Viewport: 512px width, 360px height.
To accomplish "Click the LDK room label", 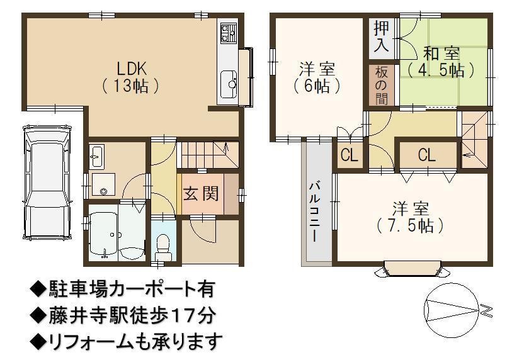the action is (x=130, y=77).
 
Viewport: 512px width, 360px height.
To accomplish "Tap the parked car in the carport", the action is (x=47, y=183).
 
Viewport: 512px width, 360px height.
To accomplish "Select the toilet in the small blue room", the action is (x=162, y=247).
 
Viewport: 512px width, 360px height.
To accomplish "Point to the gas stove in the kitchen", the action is (x=228, y=33).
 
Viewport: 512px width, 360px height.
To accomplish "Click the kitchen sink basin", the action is (x=229, y=84).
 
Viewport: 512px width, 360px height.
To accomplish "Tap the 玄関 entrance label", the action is (x=201, y=194).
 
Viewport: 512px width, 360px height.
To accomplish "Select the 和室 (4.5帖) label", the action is (x=441, y=61).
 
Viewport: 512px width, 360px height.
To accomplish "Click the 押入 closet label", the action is (x=381, y=36).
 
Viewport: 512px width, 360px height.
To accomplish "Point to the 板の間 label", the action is (x=381, y=85).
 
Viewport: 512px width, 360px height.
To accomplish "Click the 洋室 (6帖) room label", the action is (x=316, y=77).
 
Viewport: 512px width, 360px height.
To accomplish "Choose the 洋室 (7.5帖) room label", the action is (x=411, y=217).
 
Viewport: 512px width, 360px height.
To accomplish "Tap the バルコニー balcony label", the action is (x=315, y=212).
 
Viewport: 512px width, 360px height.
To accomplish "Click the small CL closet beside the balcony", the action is (x=349, y=155).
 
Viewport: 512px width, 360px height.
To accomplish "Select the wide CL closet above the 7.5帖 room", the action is (x=427, y=155).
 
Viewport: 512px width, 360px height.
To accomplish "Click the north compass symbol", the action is (x=452, y=309).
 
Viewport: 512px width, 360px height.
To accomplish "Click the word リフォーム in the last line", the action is (x=92, y=341).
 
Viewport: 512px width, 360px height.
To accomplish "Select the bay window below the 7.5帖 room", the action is (x=411, y=268).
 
